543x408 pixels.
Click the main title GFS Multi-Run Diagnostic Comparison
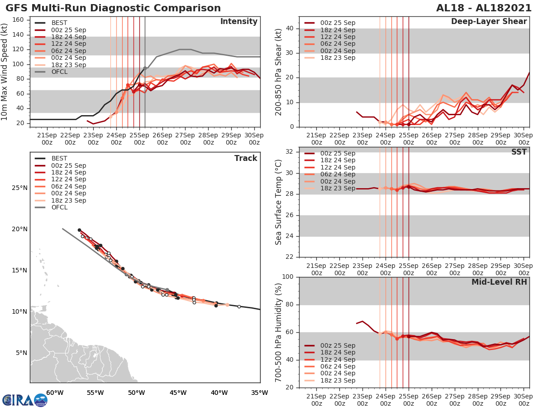[x=113, y=8]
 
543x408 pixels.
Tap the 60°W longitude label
[x=54, y=393]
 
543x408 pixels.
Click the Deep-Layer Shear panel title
[x=489, y=22]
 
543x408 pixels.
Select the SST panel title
[x=519, y=152]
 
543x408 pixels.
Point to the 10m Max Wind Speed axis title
[x=5, y=73]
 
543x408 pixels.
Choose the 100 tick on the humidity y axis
[x=288, y=277]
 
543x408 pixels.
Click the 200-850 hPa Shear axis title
[x=279, y=73]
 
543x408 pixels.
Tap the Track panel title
[x=246, y=158]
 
